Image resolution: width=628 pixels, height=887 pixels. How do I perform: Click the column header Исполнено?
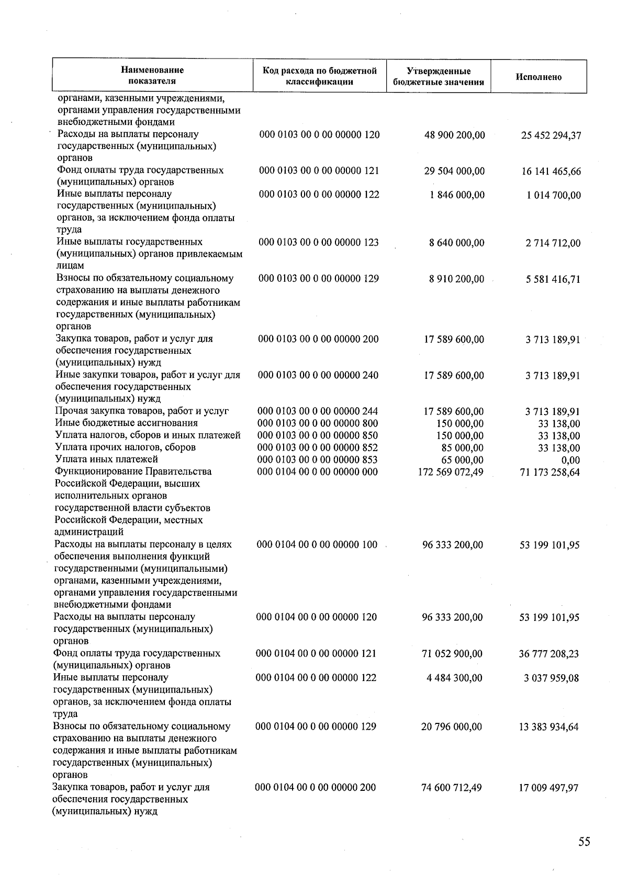point(539,77)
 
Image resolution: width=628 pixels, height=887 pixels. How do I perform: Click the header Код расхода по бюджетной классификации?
point(319,76)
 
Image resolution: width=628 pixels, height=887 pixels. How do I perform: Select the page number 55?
point(584,842)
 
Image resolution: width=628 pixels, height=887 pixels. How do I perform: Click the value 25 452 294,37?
point(551,135)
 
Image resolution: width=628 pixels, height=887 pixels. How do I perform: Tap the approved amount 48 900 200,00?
point(454,135)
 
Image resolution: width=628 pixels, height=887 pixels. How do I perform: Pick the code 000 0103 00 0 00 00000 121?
point(319,170)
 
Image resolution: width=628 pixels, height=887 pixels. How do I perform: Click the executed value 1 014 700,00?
point(553,195)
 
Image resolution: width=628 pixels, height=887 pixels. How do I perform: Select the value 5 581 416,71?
point(553,279)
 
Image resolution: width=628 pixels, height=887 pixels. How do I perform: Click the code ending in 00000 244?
point(318,411)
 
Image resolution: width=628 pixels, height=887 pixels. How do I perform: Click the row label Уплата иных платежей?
point(107,459)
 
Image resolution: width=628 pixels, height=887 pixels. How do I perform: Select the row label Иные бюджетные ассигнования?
point(127,423)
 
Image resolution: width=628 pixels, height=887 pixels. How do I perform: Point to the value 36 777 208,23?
point(548,654)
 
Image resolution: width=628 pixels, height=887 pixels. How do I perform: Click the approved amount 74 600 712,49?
point(452,788)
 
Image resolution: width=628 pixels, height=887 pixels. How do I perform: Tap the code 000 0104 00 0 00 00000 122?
point(316,678)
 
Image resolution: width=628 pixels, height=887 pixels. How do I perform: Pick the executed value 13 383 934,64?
point(548,727)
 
